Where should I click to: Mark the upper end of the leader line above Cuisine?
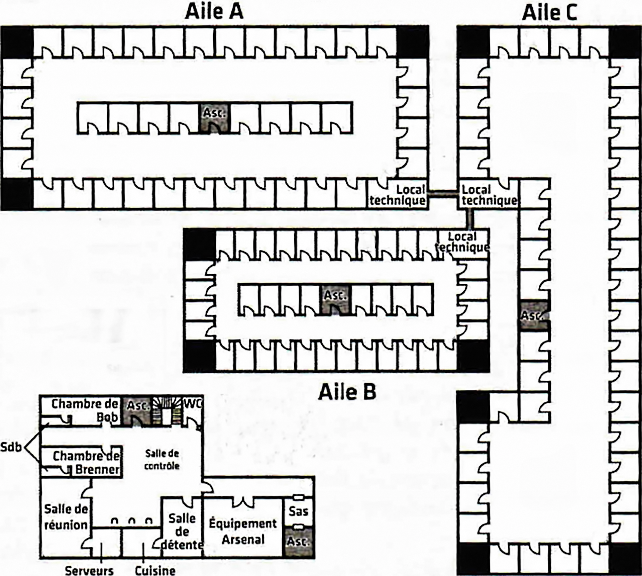click(x=143, y=543)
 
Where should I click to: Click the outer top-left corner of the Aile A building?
click(x=1, y=26)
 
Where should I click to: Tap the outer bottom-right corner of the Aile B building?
click(x=490, y=372)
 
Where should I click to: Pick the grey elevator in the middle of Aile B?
click(x=335, y=300)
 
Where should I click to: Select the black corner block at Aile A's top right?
click(x=412, y=41)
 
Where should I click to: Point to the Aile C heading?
click(x=550, y=13)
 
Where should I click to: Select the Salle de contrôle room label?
click(x=162, y=460)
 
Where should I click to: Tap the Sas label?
click(x=299, y=511)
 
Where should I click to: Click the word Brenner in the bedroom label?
click(x=97, y=470)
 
